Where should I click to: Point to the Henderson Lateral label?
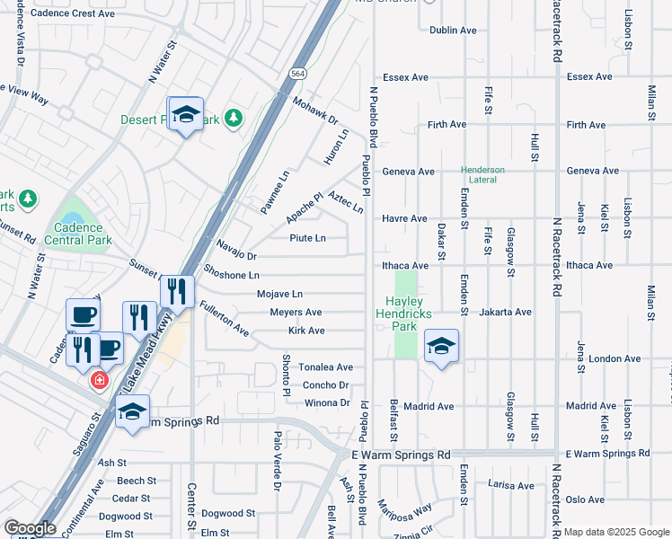483,174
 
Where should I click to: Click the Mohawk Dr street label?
314,111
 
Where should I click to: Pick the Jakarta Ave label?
506,312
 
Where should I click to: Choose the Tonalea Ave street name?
325,367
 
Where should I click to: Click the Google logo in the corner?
29,528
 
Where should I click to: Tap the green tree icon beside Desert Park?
234,118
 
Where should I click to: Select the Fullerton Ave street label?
224,318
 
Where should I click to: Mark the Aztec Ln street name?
346,202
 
